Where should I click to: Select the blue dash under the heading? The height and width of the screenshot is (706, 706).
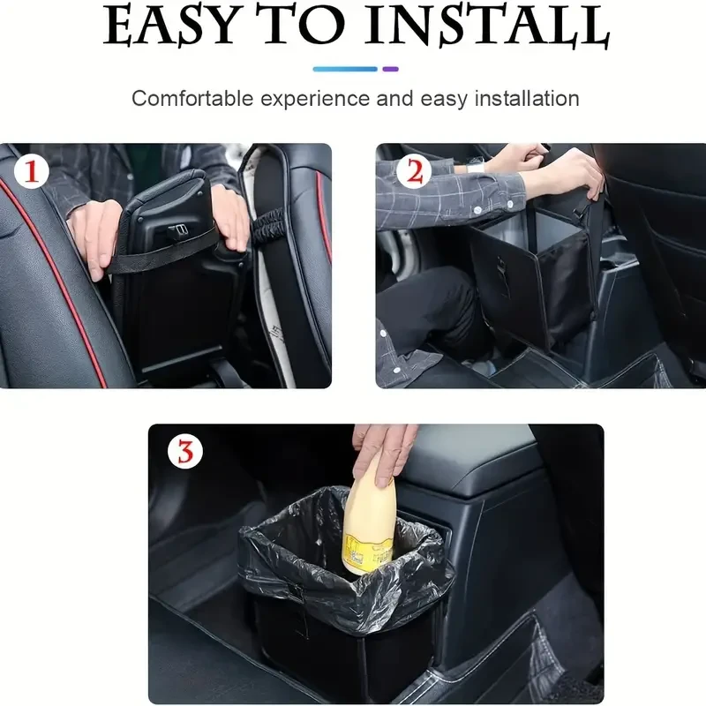click(x=345, y=68)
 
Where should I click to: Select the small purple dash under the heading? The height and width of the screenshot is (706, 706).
click(x=390, y=68)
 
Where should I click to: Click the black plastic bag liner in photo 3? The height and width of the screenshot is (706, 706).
click(x=291, y=547)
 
